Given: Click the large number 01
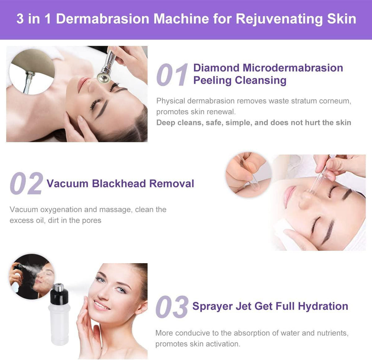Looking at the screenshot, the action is click(172, 74).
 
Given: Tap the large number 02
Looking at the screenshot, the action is click(26, 183).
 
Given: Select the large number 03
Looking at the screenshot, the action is click(172, 307).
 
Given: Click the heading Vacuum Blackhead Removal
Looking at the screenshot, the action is click(120, 184).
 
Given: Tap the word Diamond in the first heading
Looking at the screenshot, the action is click(216, 68).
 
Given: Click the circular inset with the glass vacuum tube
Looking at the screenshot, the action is click(248, 175).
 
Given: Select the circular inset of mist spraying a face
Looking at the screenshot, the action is click(32, 276).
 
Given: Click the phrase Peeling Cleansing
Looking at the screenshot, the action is click(240, 80).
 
